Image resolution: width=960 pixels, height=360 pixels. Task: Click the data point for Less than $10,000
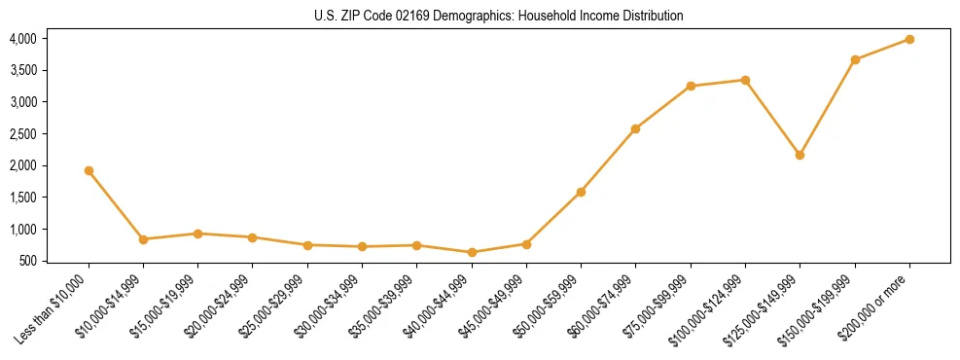pyautogui.click(x=89, y=170)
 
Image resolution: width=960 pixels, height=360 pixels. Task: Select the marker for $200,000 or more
pyautogui.click(x=909, y=39)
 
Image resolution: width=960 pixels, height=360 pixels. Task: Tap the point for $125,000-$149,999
pyautogui.click(x=800, y=155)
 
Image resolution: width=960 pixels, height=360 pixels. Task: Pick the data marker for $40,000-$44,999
pyautogui.click(x=472, y=252)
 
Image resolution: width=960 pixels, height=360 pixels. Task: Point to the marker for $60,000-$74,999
pyautogui.click(x=635, y=128)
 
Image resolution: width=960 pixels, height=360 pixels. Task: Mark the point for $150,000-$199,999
pyautogui.click(x=855, y=59)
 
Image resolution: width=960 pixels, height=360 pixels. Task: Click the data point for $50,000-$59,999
pyautogui.click(x=581, y=192)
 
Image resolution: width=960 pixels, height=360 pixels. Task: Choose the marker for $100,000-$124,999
pyautogui.click(x=745, y=80)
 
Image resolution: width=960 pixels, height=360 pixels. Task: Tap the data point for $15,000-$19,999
pyautogui.click(x=197, y=234)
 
